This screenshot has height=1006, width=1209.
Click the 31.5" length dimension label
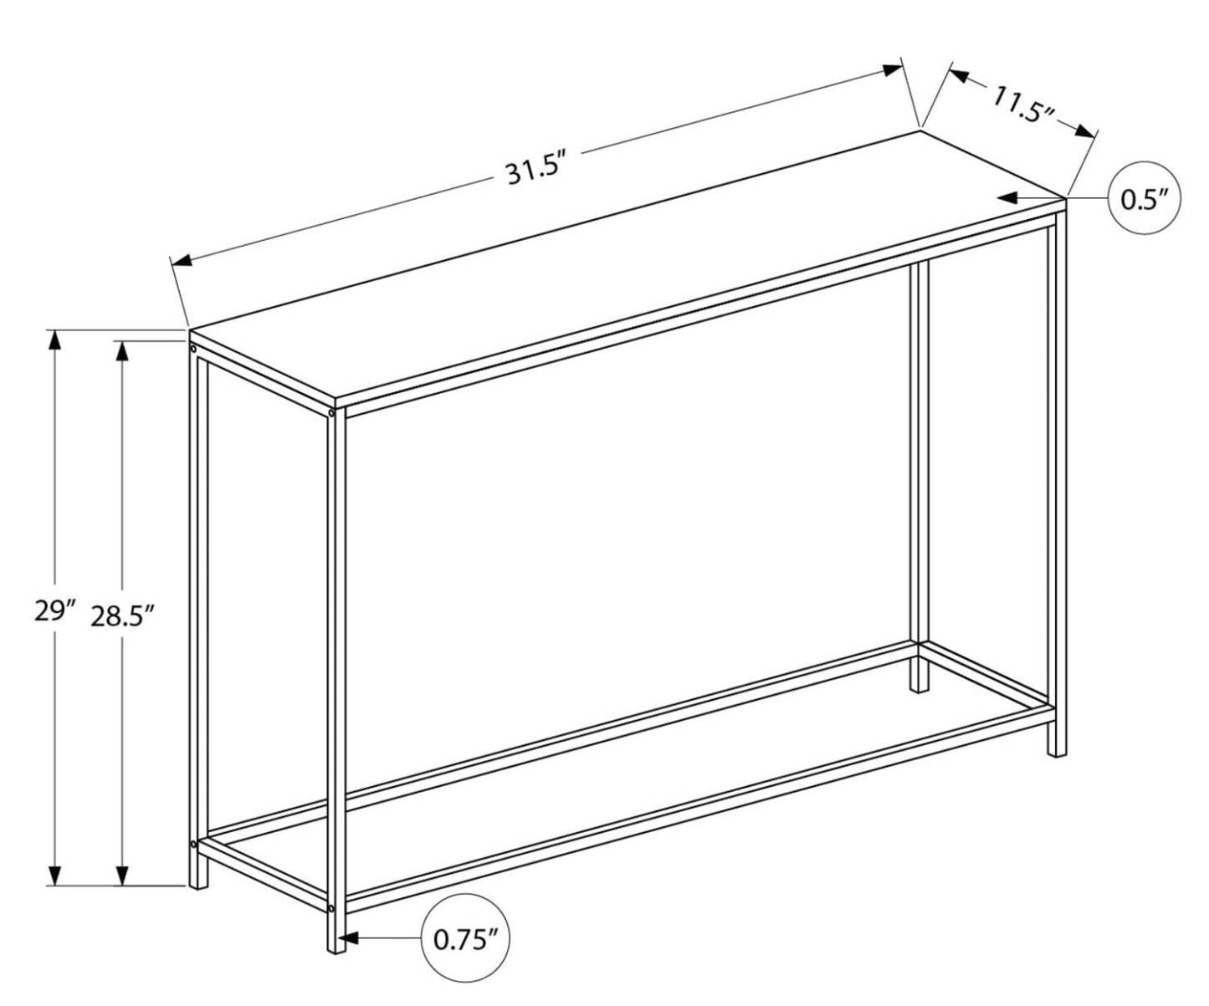pos(531,171)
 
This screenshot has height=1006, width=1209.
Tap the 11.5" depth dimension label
pos(1022,105)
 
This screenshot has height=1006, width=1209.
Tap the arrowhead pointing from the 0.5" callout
pos(1007,198)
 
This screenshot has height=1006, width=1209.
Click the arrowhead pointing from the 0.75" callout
pos(350,939)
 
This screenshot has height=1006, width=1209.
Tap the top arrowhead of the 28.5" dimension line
pos(123,351)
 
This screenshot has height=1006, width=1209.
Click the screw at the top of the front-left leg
pos(193,348)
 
